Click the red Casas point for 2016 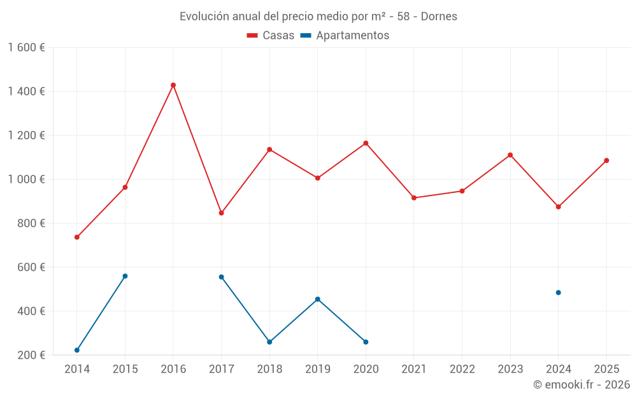(173, 85)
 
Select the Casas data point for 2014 (77, 238)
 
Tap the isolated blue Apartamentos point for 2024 (558, 293)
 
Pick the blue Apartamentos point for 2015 (125, 276)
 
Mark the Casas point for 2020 (366, 143)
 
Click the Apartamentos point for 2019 (317, 299)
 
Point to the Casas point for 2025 (606, 160)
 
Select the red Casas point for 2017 (221, 213)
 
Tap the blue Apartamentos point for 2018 (269, 342)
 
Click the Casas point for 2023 (510, 155)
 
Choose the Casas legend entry (271, 36)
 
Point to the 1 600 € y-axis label (26, 48)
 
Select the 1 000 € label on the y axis (26, 180)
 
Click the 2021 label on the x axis (414, 369)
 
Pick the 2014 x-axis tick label (77, 369)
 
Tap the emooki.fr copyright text (582, 385)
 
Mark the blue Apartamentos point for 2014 (77, 350)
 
